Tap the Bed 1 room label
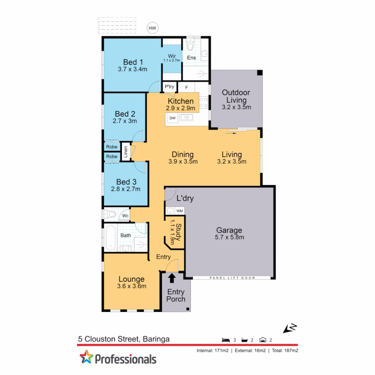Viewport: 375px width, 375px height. (x=133, y=62)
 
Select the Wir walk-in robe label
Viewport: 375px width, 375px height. (x=172, y=56)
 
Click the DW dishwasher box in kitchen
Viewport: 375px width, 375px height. (x=172, y=118)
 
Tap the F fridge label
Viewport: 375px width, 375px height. (x=186, y=87)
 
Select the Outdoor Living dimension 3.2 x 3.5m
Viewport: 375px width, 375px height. (x=236, y=107)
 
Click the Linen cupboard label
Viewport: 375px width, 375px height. (x=126, y=152)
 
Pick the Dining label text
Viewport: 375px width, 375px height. (x=183, y=155)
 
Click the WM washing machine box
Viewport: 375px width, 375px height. (x=180, y=211)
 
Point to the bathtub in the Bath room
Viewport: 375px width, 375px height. (x=110, y=238)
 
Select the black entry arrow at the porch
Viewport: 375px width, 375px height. (x=172, y=278)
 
